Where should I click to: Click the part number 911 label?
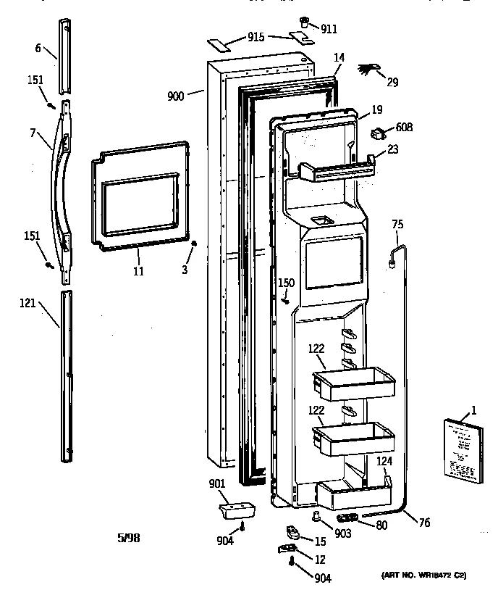[329, 29]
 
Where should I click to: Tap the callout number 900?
[175, 95]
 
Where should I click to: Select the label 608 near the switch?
[405, 128]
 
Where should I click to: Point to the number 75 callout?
[397, 225]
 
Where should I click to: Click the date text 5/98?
[128, 537]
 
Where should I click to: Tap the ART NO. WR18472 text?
[422, 576]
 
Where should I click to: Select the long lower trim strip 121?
[66, 377]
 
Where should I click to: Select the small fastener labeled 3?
[194, 245]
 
